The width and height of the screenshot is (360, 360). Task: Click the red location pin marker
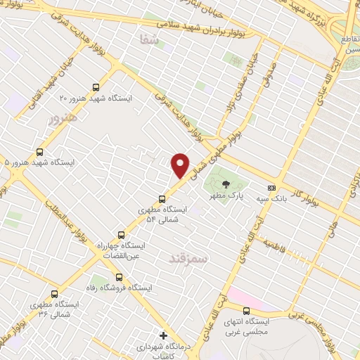[181, 165]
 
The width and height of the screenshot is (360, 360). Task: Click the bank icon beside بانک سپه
[271, 188]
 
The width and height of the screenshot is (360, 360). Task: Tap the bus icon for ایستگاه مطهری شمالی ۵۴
[162, 199]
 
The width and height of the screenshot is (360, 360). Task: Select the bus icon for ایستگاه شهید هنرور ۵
[39, 152]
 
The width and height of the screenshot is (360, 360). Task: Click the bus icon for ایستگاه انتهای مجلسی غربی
[246, 311]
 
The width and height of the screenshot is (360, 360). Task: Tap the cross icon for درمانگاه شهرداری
[164, 337]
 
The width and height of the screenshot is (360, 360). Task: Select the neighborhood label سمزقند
[189, 259]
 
